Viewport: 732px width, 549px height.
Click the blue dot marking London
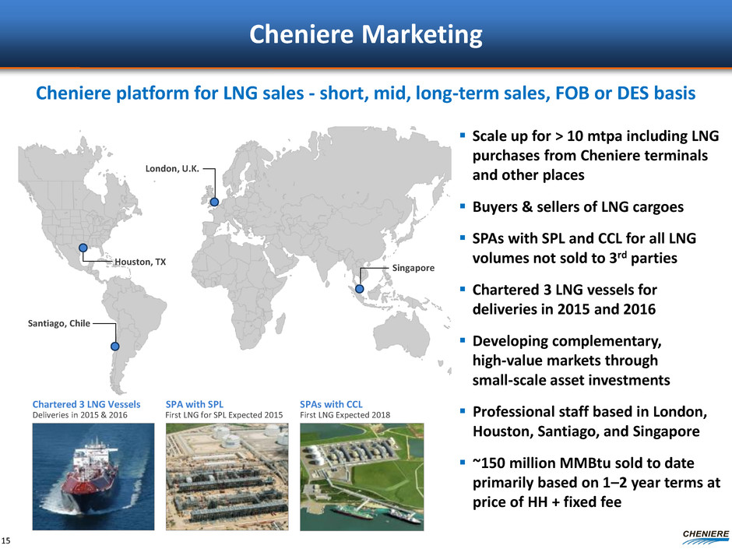point(214,202)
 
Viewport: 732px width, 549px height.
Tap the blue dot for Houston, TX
point(83,248)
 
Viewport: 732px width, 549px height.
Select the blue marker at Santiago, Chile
point(114,347)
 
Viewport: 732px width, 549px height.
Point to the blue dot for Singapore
point(360,289)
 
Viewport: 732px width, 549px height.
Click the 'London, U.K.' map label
point(172,168)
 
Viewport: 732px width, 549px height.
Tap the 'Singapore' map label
point(414,268)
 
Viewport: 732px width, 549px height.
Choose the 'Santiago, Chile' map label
point(59,323)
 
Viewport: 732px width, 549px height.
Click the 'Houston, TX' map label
point(140,262)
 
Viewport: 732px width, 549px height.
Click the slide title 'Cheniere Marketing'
point(366,34)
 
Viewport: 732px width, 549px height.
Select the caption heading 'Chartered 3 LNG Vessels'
point(86,404)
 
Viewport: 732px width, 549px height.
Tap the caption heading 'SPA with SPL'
point(195,404)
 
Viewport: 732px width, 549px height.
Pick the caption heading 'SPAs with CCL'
point(331,404)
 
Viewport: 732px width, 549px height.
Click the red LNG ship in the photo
point(93,476)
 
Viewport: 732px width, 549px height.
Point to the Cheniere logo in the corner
point(706,537)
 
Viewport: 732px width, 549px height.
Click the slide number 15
point(5,540)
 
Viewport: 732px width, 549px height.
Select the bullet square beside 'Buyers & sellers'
point(462,206)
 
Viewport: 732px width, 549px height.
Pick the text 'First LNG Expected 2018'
point(345,415)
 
